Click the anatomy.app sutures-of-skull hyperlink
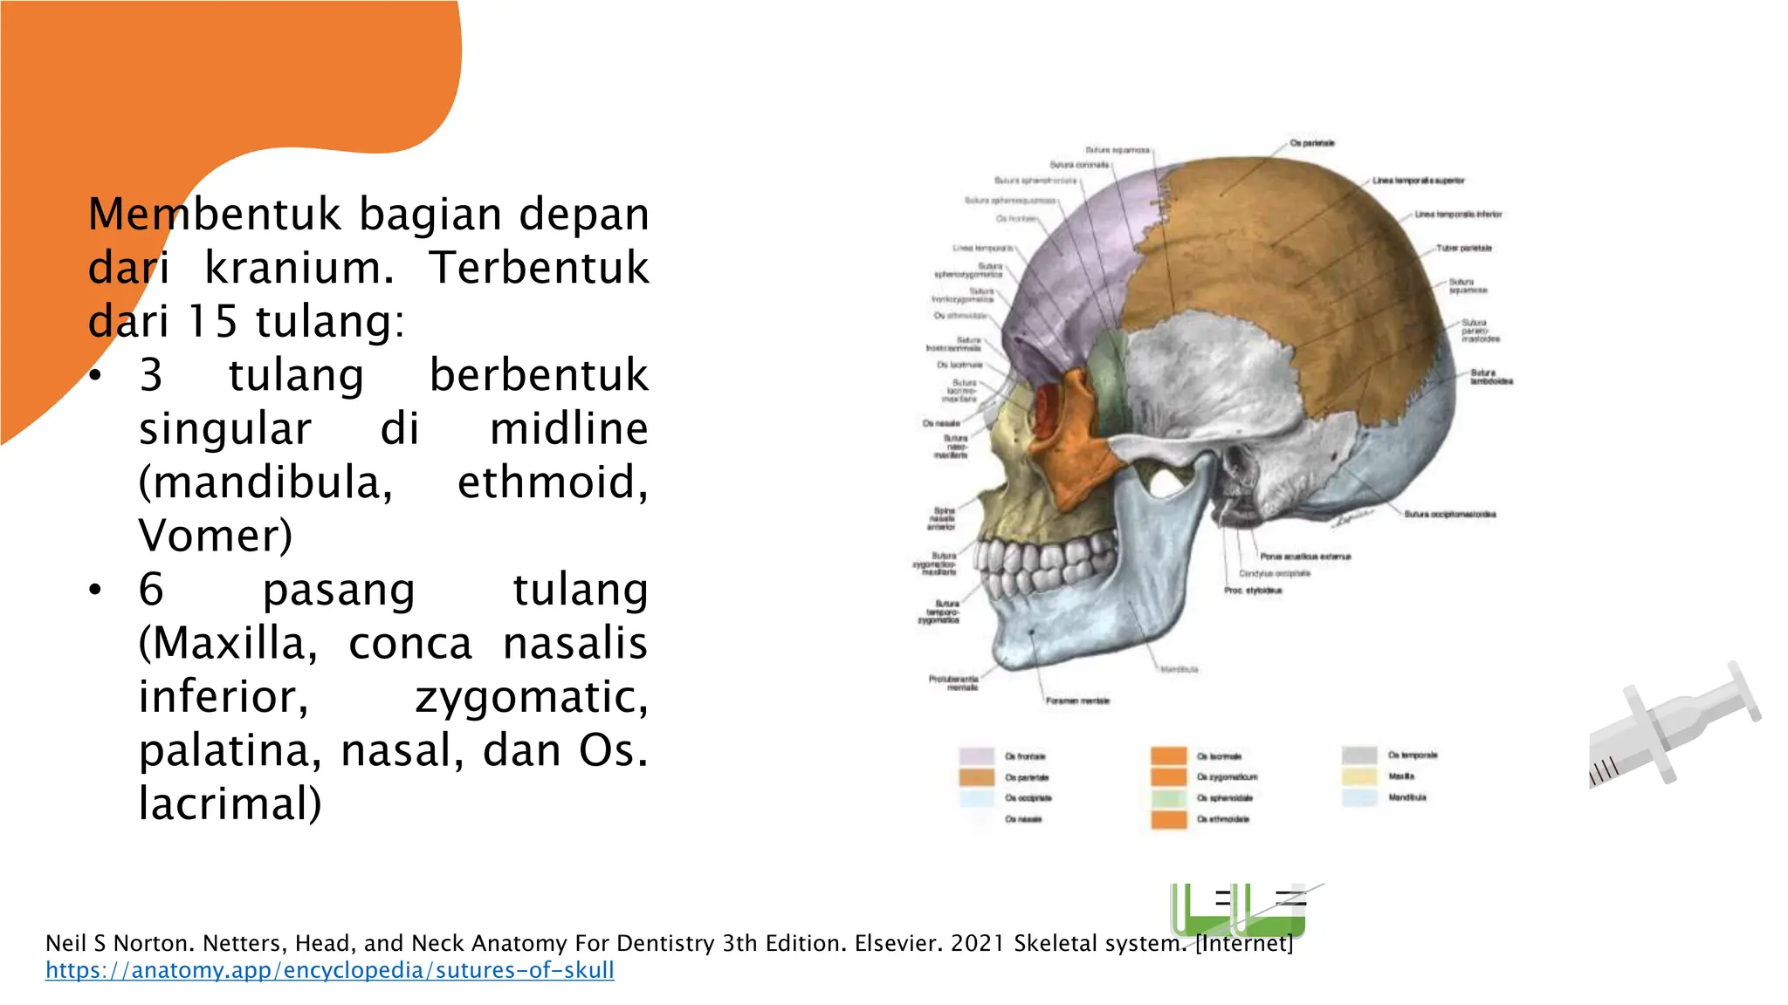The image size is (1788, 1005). [329, 970]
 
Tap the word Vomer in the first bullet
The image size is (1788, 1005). [215, 536]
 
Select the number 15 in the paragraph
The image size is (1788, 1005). [213, 321]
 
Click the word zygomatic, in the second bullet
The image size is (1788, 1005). [531, 697]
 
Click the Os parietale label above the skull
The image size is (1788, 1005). [1311, 143]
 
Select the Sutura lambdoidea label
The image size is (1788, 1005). [1490, 378]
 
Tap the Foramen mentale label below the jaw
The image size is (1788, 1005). [1077, 701]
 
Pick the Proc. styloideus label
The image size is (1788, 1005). [1253, 591]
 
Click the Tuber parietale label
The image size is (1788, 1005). [1464, 249]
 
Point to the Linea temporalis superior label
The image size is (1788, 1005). [1418, 181]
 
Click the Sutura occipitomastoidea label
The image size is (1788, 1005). [1449, 515]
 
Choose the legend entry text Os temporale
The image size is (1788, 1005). [1413, 755]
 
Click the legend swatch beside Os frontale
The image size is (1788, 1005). [976, 756]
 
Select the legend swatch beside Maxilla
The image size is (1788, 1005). [1359, 776]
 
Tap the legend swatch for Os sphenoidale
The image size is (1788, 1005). [1168, 798]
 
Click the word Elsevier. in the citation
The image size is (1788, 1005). [898, 943]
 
